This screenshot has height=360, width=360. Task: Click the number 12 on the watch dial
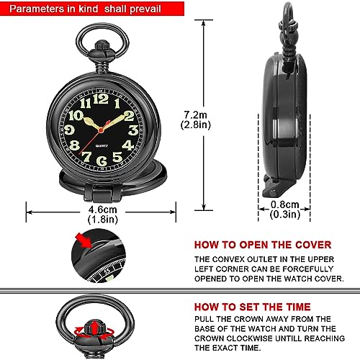click(x=101, y=99)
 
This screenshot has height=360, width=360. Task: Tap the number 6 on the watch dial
click(x=102, y=161)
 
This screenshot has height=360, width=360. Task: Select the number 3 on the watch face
click(x=133, y=130)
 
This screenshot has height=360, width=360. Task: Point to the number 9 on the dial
click(x=69, y=130)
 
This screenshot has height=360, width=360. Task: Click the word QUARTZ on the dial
click(x=102, y=145)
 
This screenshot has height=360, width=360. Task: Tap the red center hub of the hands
click(x=101, y=130)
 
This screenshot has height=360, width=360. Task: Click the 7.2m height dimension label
click(x=196, y=115)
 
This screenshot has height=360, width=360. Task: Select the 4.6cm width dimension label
click(x=102, y=210)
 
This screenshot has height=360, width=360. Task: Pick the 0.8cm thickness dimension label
click(x=285, y=204)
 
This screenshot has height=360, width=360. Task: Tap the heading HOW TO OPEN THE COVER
click(x=263, y=245)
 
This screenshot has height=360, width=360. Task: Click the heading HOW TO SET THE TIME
click(x=253, y=307)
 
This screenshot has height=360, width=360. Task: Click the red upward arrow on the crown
click(x=95, y=328)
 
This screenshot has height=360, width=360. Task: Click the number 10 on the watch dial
click(x=76, y=116)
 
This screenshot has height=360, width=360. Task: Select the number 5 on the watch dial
click(x=117, y=157)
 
